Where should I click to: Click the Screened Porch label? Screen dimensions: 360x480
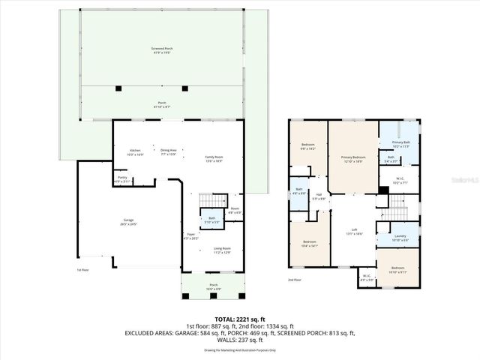point(157,50)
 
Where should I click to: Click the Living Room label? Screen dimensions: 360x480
point(221,250)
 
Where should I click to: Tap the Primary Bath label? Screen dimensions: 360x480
point(400,144)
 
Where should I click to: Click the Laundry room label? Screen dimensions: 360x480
point(400,237)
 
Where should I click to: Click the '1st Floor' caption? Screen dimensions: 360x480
point(84,270)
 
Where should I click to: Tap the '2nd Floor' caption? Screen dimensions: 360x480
point(295,280)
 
